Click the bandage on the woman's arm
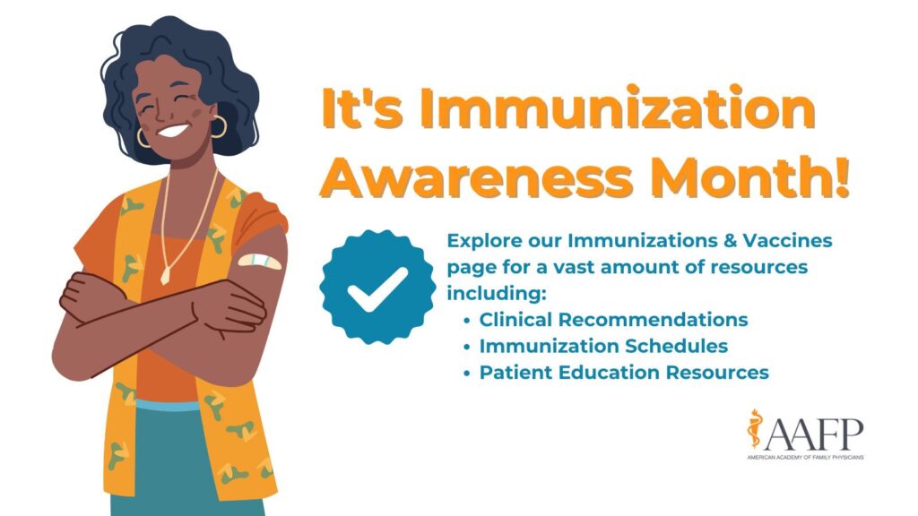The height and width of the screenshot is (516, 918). coord(259,262)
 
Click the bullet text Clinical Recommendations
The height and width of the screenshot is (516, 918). coord(613,319)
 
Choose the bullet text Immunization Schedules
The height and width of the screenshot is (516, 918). coord(603,346)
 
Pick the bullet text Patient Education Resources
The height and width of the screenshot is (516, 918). coord(624,372)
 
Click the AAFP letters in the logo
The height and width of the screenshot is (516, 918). coord(815,432)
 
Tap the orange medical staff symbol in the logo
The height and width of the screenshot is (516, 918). coord(755,430)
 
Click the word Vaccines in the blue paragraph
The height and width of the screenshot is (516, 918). coord(794,241)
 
